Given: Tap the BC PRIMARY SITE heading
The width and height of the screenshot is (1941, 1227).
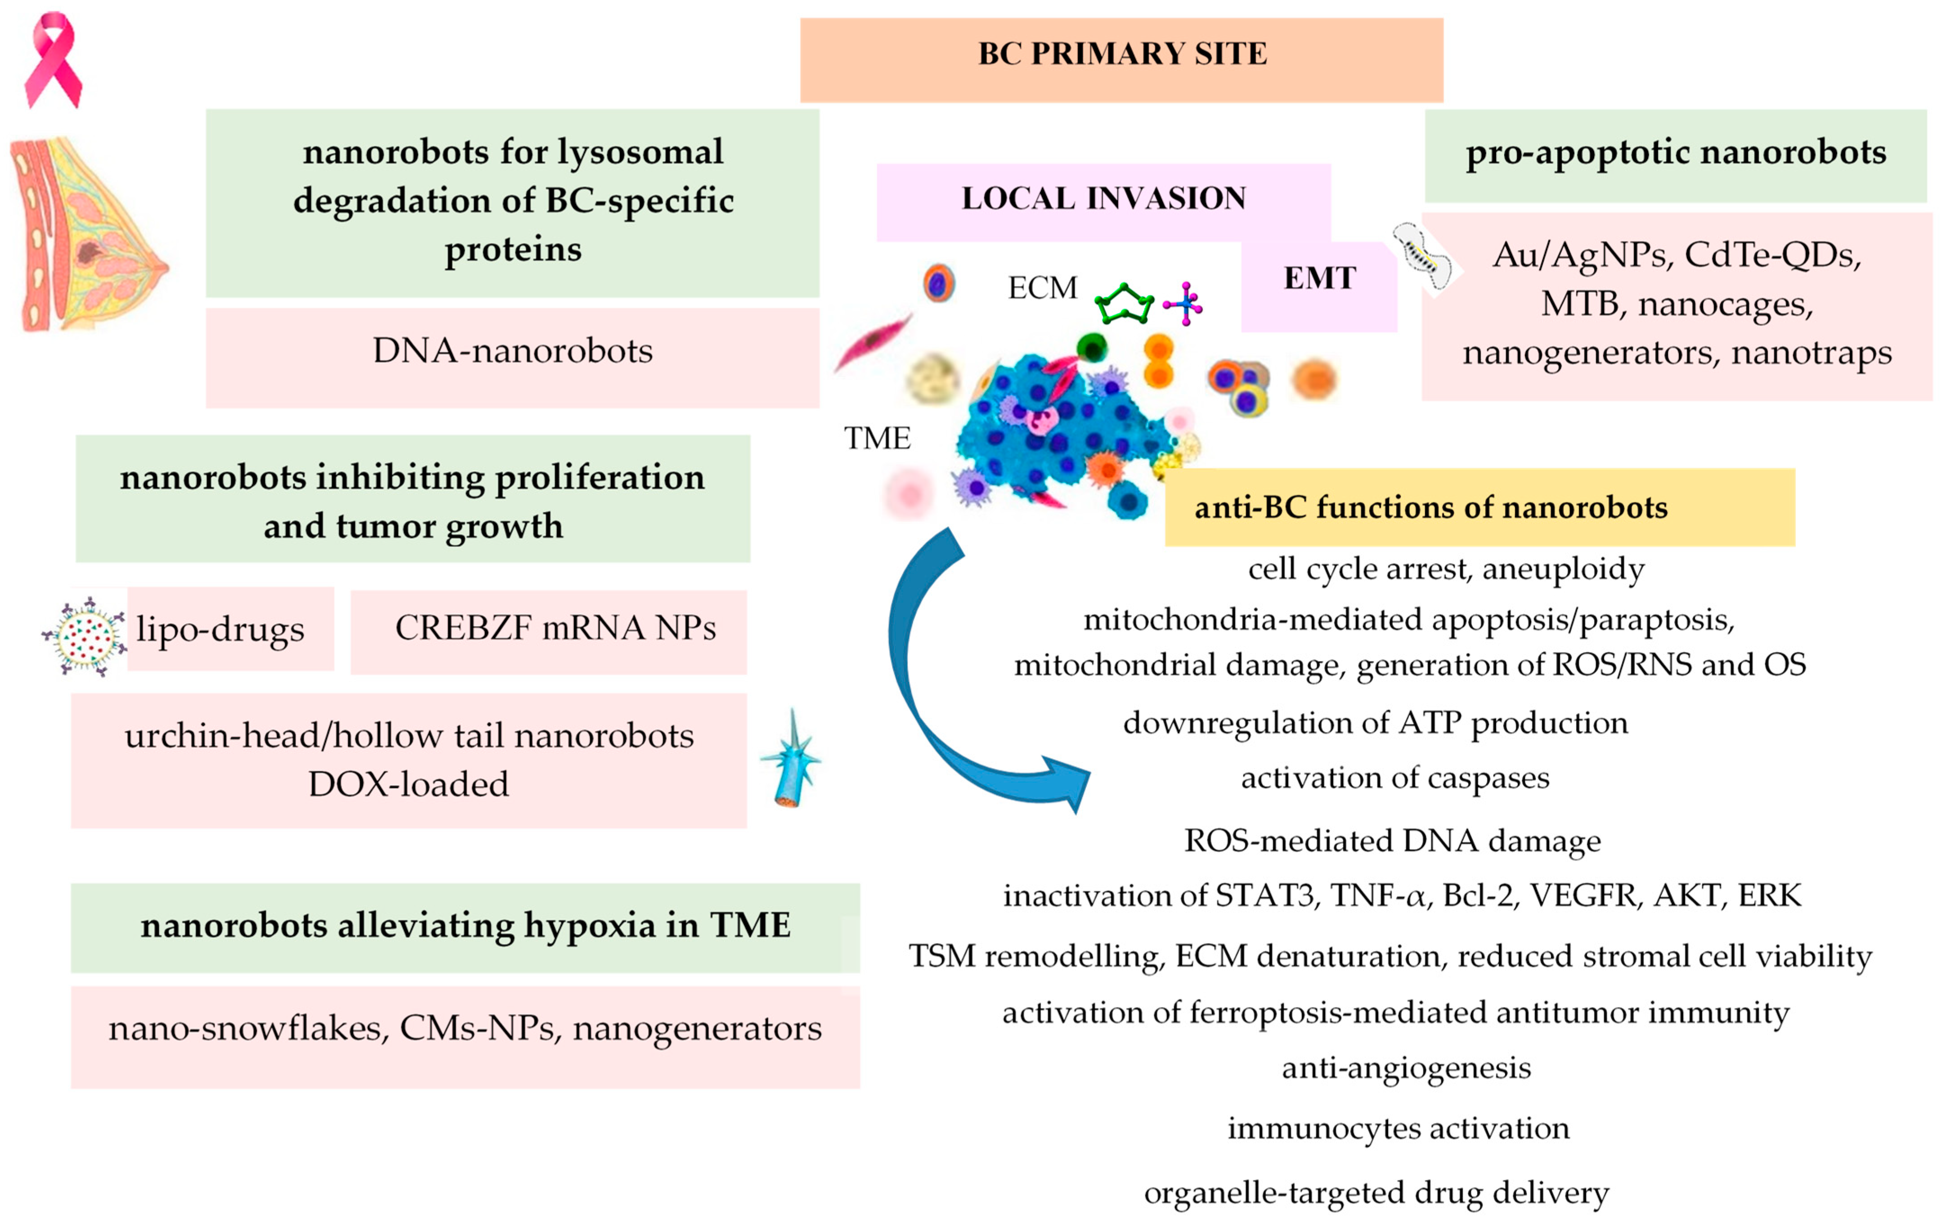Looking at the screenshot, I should coord(1121,54).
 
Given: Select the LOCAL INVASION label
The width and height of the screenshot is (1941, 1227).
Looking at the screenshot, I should coord(1103,198).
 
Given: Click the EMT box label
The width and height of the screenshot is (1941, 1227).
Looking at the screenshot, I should coord(1319,278).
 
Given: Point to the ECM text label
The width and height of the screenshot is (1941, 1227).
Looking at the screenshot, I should coord(1042,288).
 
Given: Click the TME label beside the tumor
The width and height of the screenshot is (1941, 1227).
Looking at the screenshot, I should coord(877,438).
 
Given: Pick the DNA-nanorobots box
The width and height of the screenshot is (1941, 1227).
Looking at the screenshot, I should coord(513,351).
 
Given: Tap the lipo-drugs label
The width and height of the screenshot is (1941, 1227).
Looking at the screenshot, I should coord(220,629).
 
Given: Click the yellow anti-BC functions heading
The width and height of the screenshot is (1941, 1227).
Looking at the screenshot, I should coord(1431,508).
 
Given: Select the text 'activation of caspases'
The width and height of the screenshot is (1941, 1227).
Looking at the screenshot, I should coord(1394,778).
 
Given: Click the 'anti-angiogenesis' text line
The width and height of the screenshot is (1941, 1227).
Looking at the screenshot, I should coord(1406,1068).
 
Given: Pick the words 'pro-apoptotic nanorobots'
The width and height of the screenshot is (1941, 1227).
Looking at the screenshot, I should coord(1676,152).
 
